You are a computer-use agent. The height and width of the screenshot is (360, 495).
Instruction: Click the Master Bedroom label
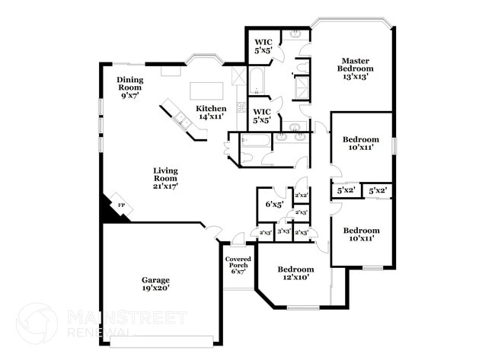[355, 68]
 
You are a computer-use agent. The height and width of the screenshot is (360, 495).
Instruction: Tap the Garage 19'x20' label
[155, 284]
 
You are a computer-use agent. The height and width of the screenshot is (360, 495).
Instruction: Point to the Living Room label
[165, 178]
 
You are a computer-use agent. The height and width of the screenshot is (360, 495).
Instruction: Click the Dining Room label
[130, 88]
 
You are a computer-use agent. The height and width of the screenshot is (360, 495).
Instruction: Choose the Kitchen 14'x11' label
[211, 113]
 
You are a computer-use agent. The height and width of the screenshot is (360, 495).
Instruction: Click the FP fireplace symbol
[120, 205]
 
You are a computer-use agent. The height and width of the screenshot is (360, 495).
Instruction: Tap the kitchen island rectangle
[207, 91]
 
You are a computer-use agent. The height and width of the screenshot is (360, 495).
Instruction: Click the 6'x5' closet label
[273, 204]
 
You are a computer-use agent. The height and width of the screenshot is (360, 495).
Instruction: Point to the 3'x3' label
[283, 231]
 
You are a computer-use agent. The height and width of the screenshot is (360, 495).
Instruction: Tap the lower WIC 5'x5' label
[263, 115]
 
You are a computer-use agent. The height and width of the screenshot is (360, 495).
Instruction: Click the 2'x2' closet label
[301, 196]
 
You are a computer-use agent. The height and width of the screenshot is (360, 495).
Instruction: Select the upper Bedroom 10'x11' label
[360, 144]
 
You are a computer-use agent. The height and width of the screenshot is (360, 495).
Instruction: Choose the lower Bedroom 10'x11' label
[360, 234]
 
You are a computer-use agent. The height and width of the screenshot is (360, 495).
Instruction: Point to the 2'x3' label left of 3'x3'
[266, 232]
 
